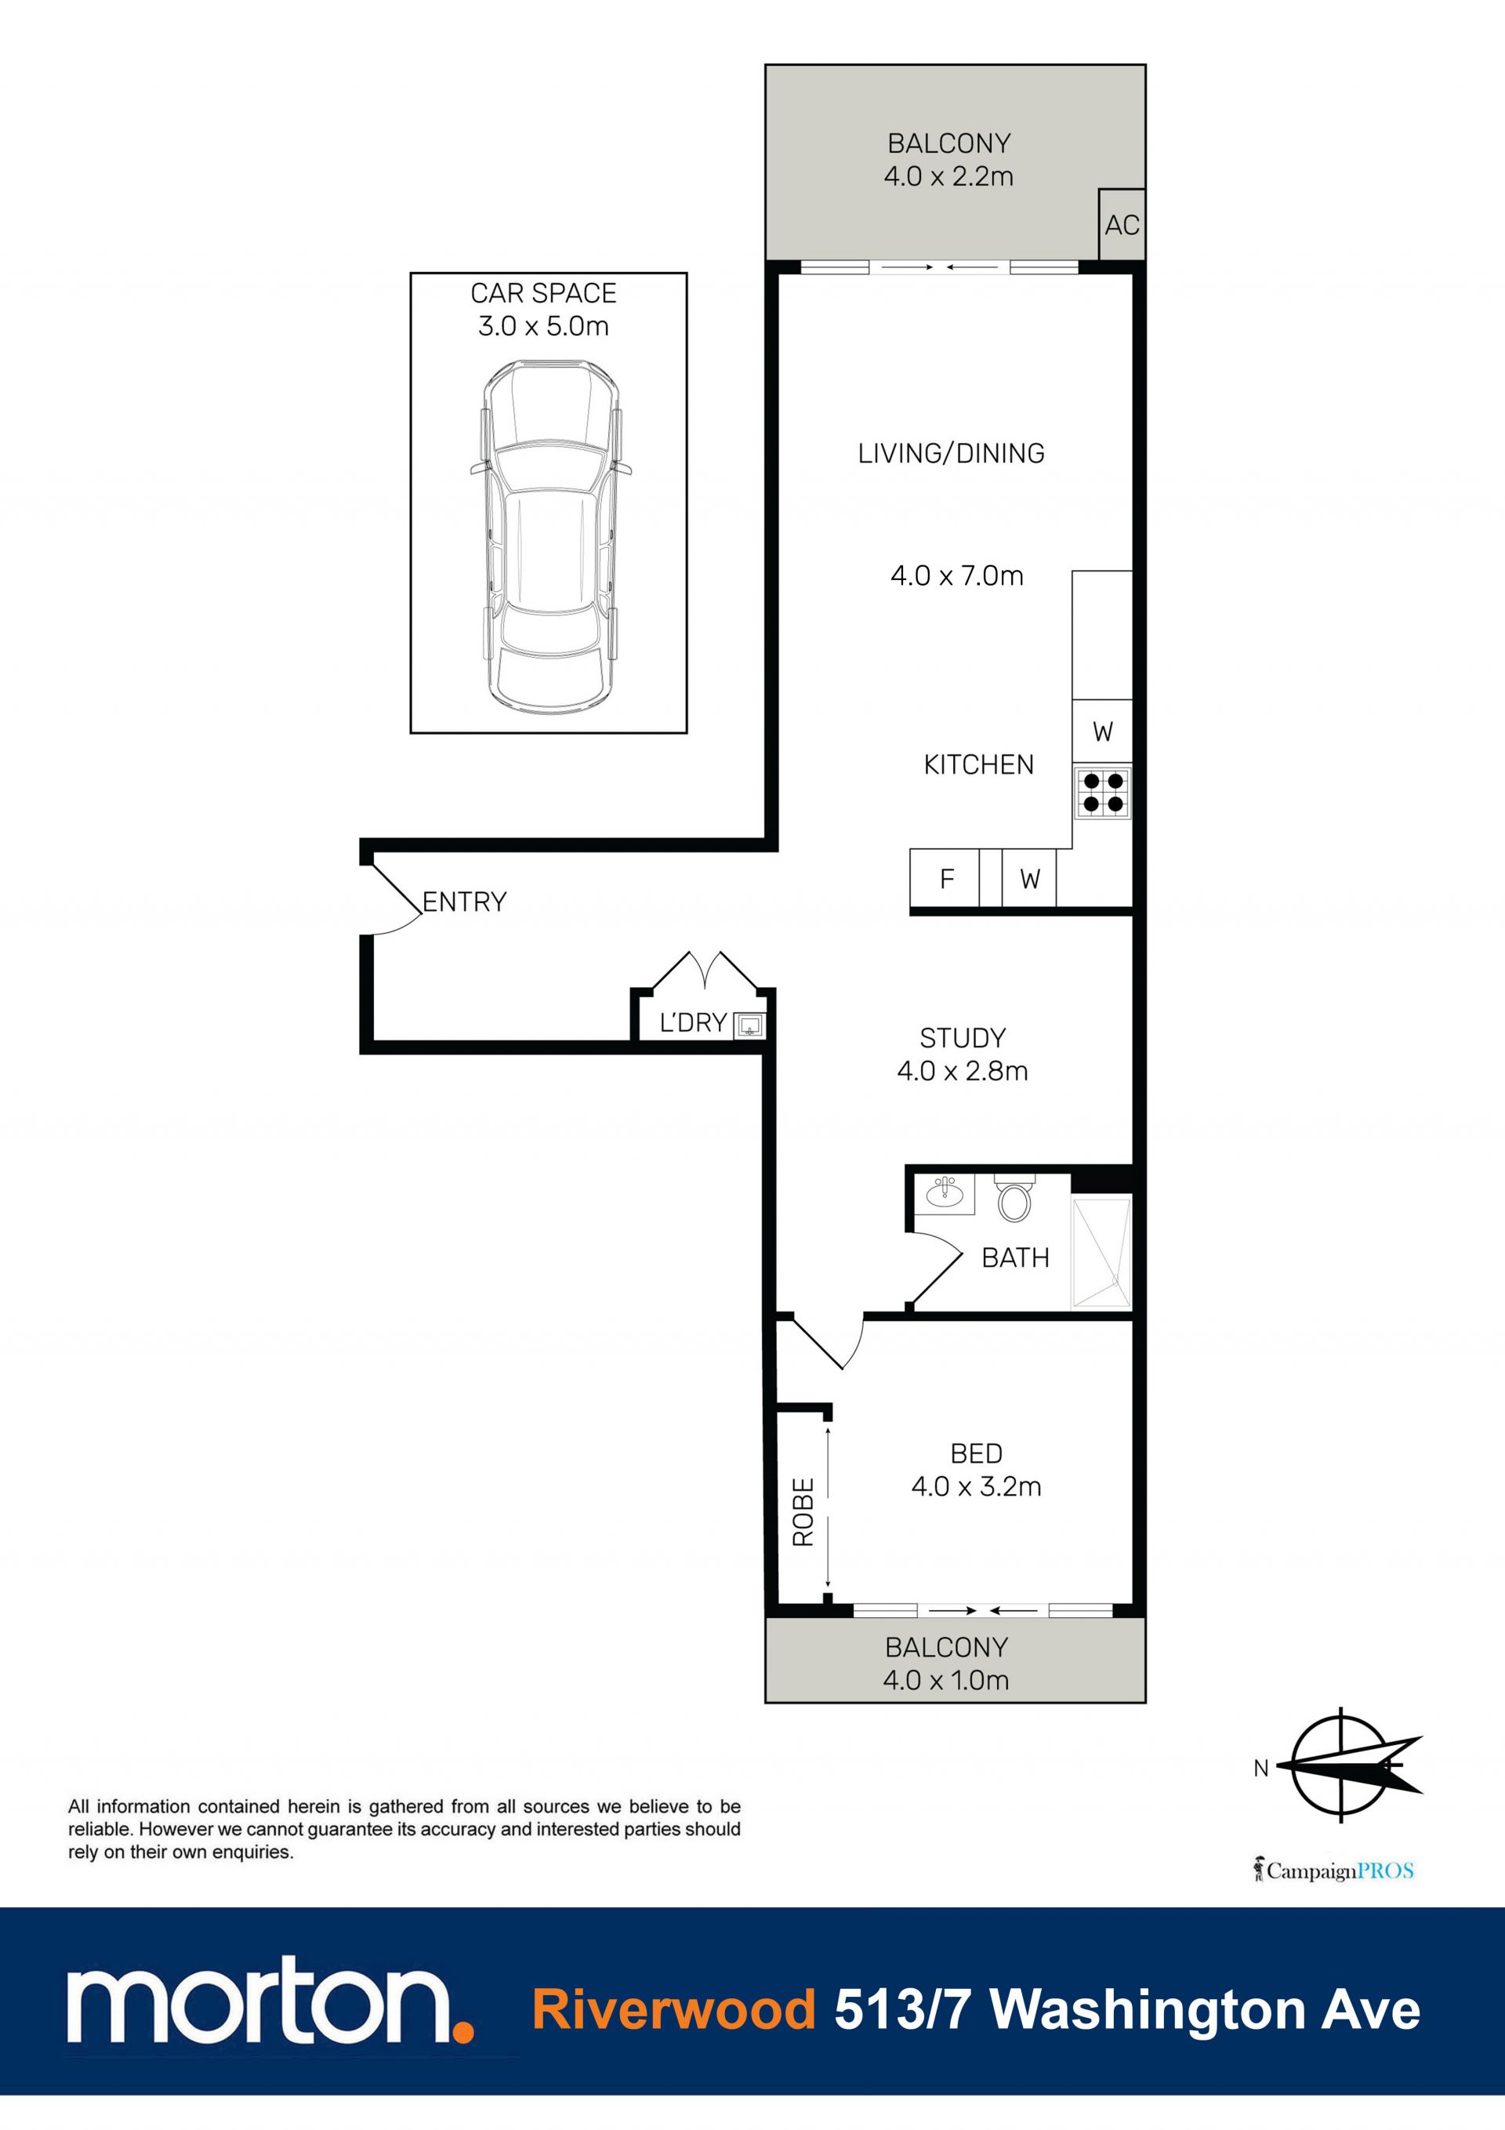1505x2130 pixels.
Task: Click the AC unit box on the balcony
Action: click(x=1122, y=224)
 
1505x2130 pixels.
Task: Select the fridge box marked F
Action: click(x=945, y=877)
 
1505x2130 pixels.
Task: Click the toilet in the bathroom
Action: click(x=1014, y=1199)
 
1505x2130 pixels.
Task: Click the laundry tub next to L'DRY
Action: click(x=749, y=1025)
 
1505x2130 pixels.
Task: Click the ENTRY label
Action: click(x=464, y=902)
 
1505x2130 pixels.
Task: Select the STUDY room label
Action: click(x=963, y=1037)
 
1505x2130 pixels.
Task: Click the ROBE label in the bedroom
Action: click(x=803, y=1511)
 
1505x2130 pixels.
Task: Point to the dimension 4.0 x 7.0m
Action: click(x=956, y=576)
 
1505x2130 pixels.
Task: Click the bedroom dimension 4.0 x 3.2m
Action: click(x=976, y=1486)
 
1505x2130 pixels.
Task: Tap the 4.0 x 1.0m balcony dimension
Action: click(x=945, y=1680)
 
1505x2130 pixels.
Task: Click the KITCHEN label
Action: click(x=979, y=764)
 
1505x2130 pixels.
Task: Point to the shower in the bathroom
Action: click(x=1101, y=1254)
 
